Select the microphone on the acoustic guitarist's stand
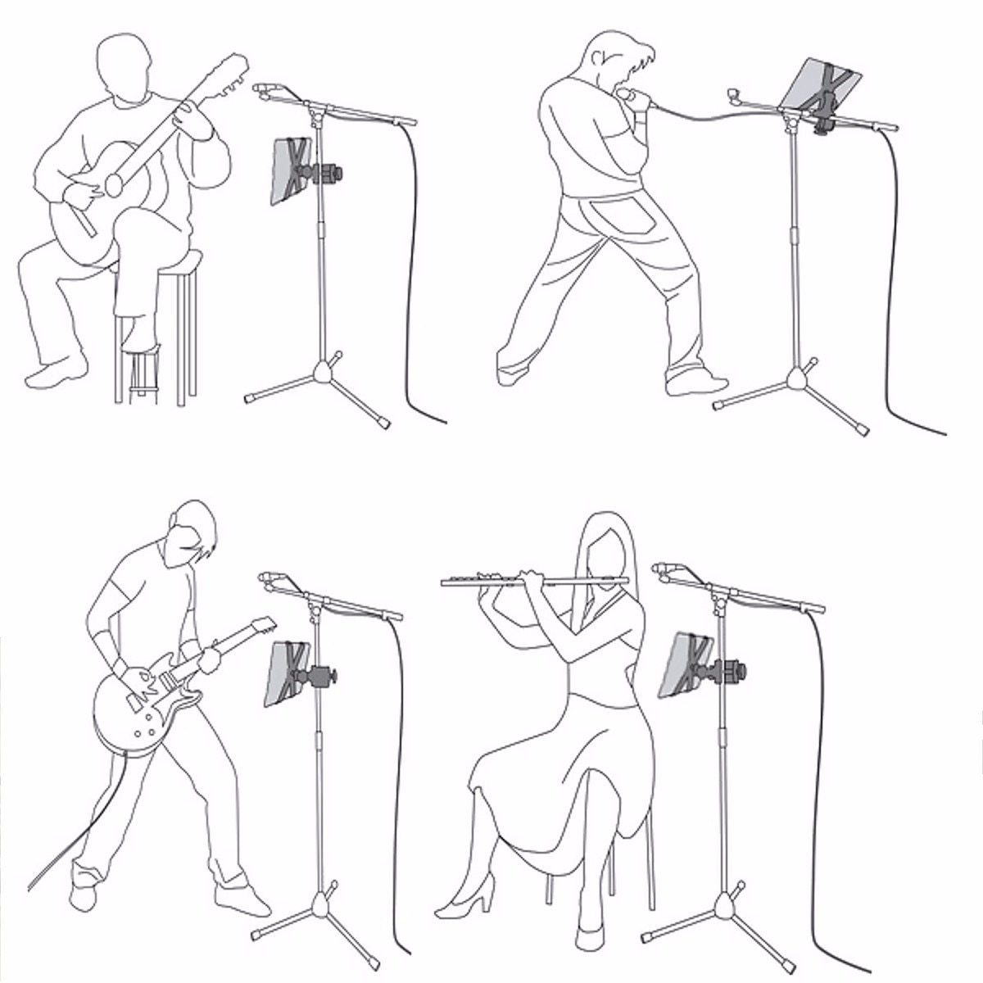tap(265, 89)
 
